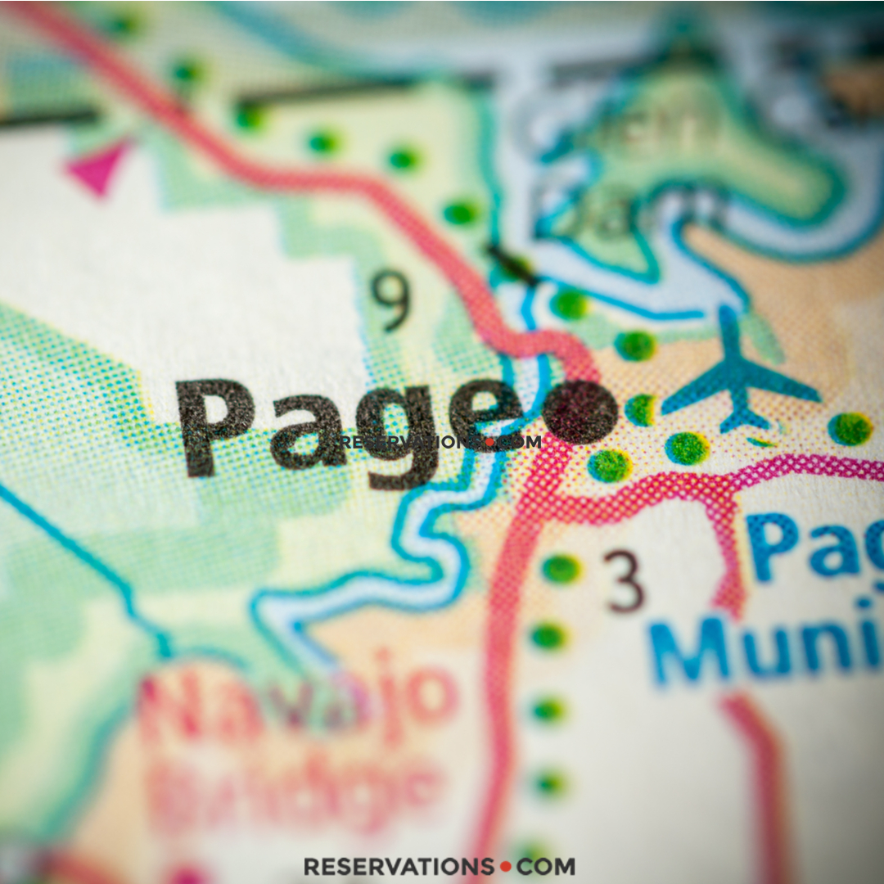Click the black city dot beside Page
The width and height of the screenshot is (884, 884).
[x=580, y=412]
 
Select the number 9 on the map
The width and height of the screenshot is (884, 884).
[x=391, y=301]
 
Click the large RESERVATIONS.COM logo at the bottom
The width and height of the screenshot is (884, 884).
[x=440, y=866]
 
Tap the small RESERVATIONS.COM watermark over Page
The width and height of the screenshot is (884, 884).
[x=440, y=442]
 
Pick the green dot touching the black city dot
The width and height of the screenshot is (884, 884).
[x=639, y=409]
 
